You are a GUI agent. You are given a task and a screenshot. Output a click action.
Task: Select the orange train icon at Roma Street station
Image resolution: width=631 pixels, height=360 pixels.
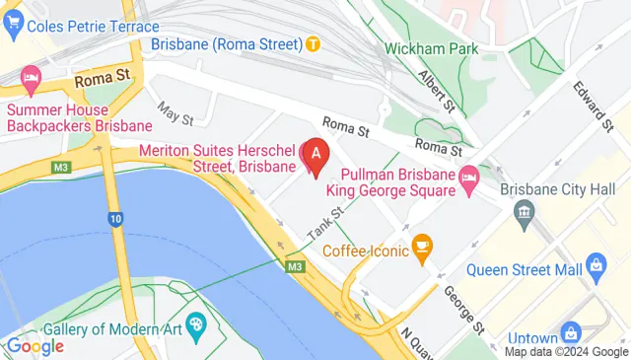point(313,43)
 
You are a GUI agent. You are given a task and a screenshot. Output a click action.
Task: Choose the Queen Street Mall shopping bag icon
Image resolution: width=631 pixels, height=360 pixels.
point(595,264)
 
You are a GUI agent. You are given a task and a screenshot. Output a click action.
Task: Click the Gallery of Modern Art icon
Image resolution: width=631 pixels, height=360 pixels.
point(196,324)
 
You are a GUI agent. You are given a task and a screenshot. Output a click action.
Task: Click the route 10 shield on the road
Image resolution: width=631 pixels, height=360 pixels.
point(115,218)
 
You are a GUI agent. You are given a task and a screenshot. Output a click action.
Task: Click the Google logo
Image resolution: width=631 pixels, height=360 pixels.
point(35,345)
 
